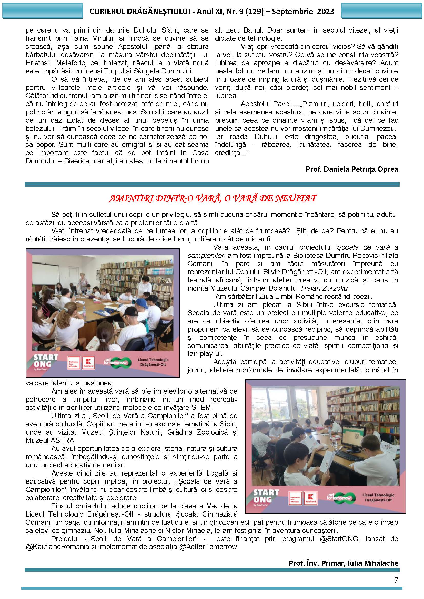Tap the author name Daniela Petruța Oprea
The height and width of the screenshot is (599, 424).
361,169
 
